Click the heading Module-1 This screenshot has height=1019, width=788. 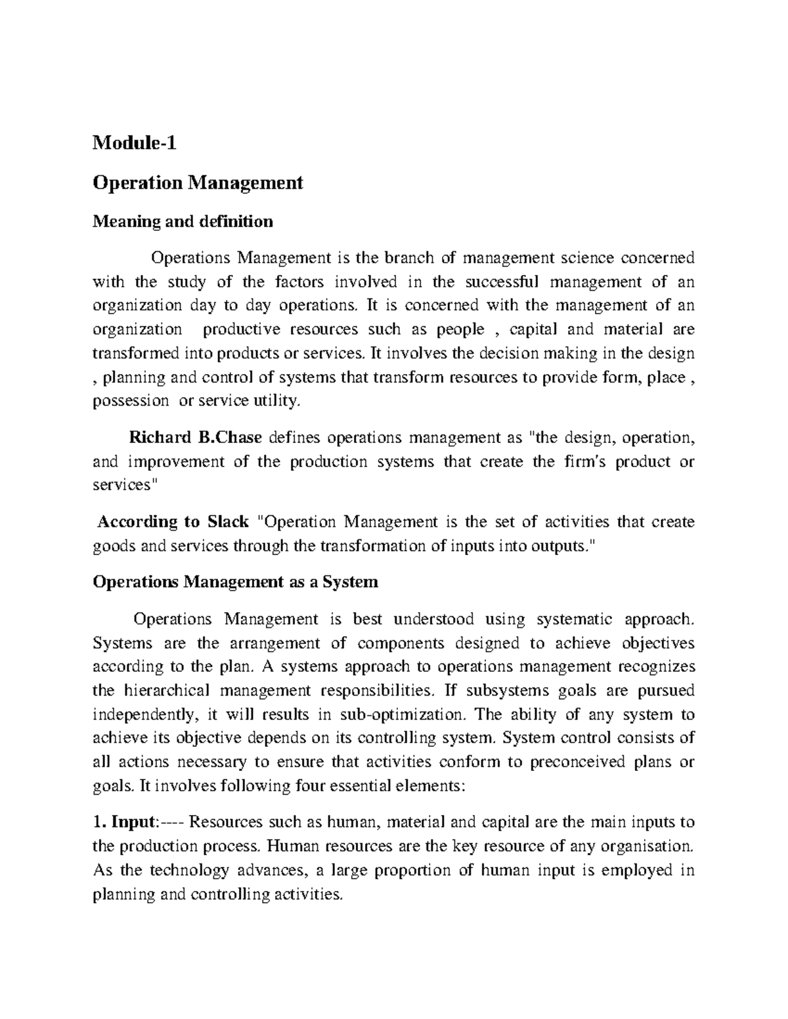pyautogui.click(x=135, y=142)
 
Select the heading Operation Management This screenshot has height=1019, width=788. pyautogui.click(x=198, y=182)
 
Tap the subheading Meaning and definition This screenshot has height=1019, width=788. pyautogui.click(x=183, y=222)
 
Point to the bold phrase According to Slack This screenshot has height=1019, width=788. pyautogui.click(x=173, y=522)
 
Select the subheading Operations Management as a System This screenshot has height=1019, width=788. pyautogui.click(x=236, y=582)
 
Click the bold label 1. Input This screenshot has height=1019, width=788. pyautogui.click(x=125, y=822)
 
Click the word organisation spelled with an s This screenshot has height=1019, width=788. pyautogui.click(x=649, y=846)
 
